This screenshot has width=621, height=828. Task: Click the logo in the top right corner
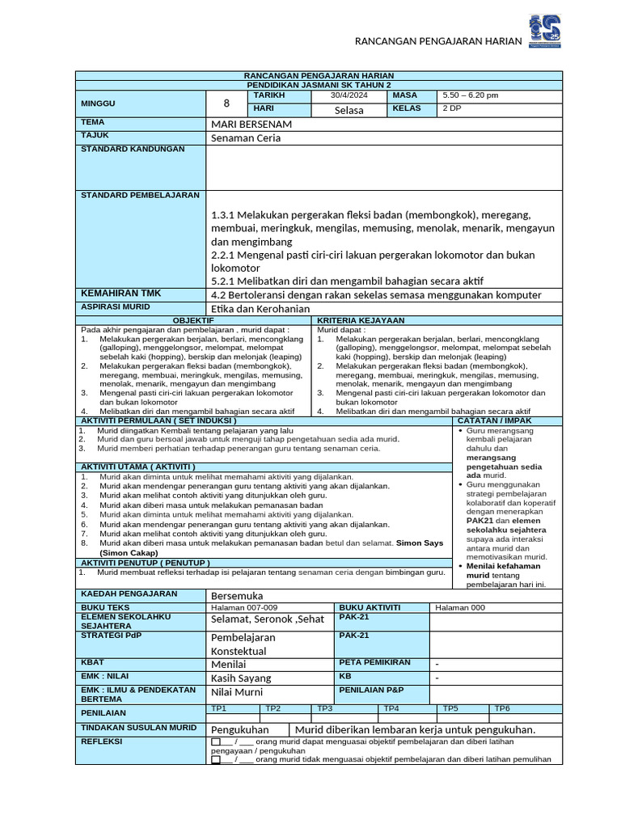coord(544,32)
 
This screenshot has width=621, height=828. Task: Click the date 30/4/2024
coord(349,95)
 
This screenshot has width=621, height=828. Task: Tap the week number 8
coord(226,103)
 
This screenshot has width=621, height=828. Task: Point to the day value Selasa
coord(349,110)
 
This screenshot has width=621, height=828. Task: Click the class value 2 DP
coord(451,108)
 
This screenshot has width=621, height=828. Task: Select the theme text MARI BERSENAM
coord(251,125)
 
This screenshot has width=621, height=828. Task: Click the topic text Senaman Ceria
coord(247,138)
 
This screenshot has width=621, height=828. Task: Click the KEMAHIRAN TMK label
coord(120,293)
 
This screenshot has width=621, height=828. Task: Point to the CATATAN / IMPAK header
coord(494,420)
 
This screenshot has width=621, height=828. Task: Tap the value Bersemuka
coord(237,595)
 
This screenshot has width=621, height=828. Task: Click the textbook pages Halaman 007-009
coord(243,607)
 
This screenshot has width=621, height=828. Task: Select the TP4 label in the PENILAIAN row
coord(391,708)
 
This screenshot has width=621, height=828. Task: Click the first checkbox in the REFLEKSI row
coord(215,741)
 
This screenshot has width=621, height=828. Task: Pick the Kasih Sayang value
coord(241,678)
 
